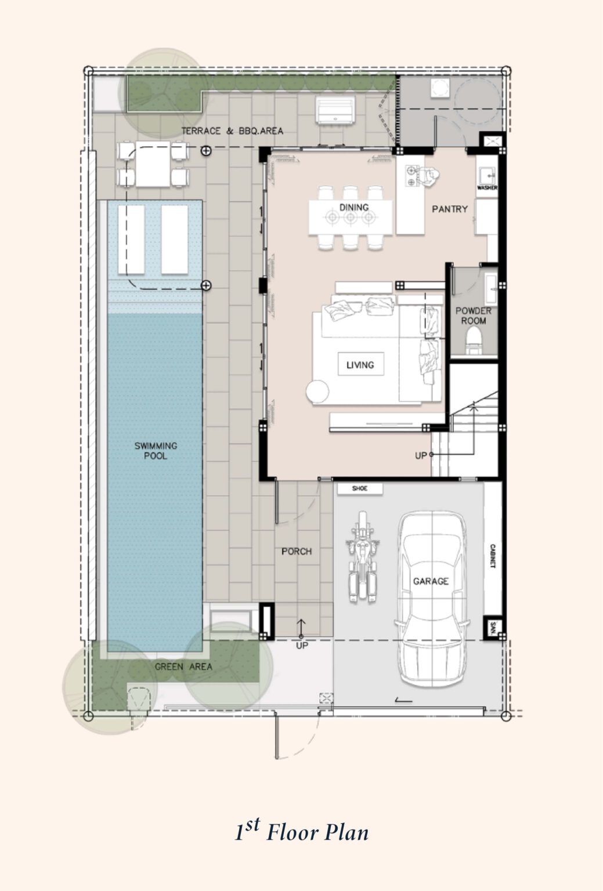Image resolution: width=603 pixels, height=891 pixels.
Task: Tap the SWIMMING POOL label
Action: coord(156,451)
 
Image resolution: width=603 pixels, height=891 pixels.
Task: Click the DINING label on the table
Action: coord(353,207)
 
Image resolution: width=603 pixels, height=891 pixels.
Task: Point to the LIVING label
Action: coord(360,365)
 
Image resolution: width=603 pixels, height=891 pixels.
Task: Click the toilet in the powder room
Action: coord(475,340)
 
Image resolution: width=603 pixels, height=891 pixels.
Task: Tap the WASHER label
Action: coord(487,188)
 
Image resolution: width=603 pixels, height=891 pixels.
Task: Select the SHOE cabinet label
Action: coord(360,488)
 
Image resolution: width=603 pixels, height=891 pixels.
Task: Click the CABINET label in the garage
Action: coord(492,556)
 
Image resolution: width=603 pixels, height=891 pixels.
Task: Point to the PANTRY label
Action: coord(449,209)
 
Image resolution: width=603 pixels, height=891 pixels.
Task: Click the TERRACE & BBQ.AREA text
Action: coord(232,131)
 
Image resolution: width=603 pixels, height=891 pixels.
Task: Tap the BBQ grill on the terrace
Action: coord(335,109)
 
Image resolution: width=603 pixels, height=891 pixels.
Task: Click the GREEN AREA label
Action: coord(183,667)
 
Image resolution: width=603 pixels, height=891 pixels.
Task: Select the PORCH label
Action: coord(297,551)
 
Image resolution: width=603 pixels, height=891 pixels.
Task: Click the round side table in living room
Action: coord(317,392)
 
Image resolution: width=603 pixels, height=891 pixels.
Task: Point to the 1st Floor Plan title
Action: coord(301,832)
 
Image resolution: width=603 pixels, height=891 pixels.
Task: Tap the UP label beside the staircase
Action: coord(421,455)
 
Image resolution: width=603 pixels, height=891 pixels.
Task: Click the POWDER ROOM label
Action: coord(473,316)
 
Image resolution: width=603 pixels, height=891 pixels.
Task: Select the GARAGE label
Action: coord(431,581)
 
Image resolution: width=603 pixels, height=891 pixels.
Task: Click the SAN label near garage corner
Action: coord(493,628)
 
